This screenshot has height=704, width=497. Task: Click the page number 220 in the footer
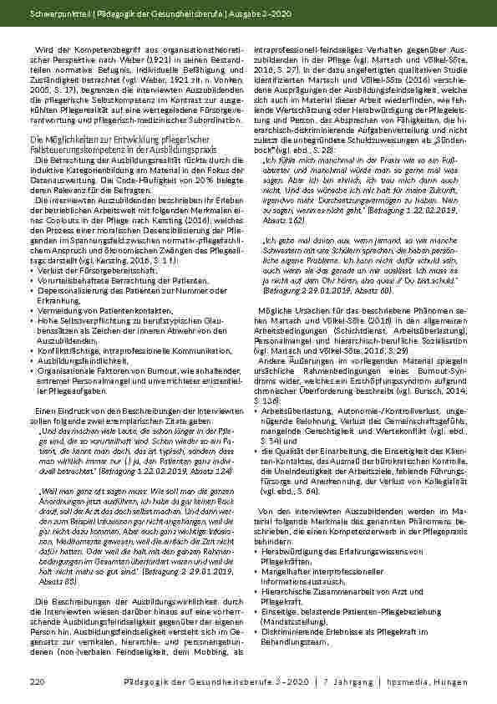pyautogui.click(x=36, y=683)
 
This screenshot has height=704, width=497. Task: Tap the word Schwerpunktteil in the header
pyautogui.click(x=53, y=15)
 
